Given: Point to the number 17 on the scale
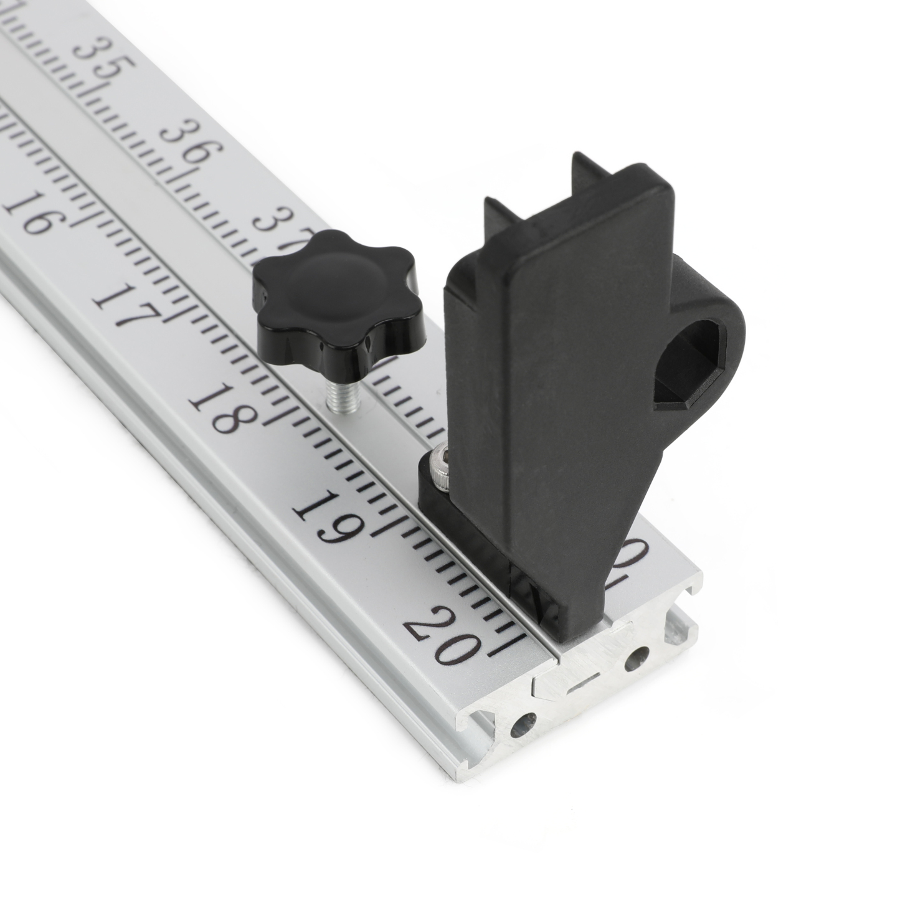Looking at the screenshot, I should click(x=125, y=305).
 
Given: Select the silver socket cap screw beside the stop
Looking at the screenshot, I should click(x=441, y=470).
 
